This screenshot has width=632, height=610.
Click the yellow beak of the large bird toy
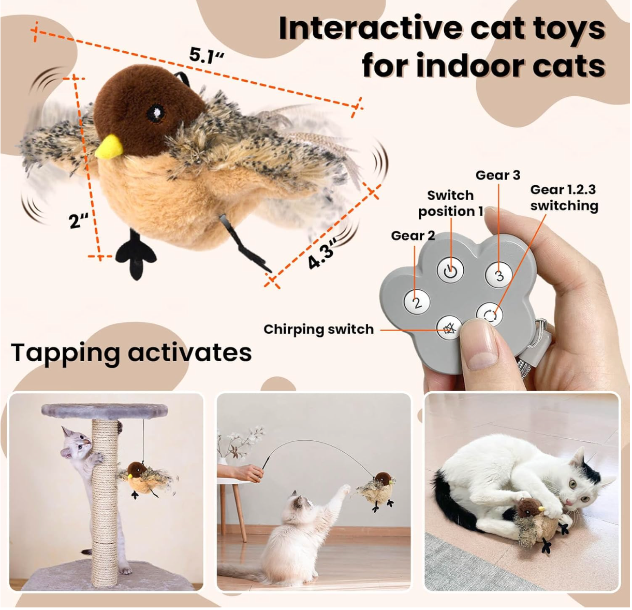click(110, 147)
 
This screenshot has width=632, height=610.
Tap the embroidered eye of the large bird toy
click(156, 114)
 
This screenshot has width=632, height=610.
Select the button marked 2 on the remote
click(417, 303)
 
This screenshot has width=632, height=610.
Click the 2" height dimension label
click(79, 221)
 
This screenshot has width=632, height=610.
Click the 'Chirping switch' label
click(319, 329)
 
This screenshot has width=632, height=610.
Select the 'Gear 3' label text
click(498, 175)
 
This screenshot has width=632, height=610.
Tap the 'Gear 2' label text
click(413, 236)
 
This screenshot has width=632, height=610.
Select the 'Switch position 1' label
click(451, 203)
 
